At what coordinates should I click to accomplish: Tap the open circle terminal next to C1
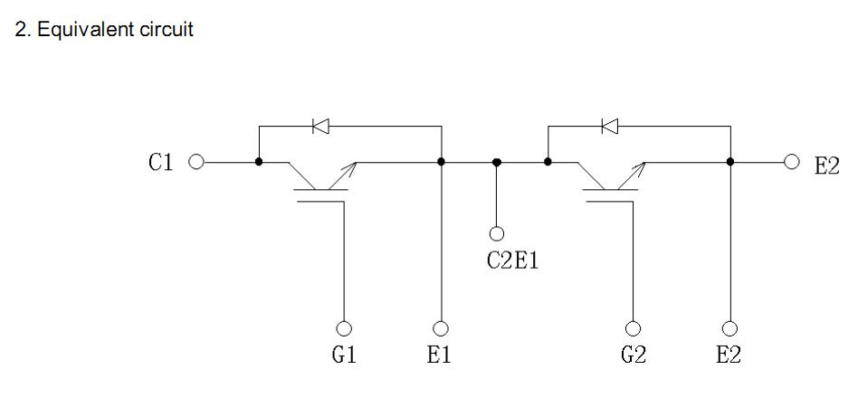[195, 162]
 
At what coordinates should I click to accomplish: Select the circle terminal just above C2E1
[496, 233]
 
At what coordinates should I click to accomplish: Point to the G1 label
[344, 355]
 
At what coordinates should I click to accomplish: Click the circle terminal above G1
[344, 327]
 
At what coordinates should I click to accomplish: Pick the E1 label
[440, 355]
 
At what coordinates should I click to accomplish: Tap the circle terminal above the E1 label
[441, 327]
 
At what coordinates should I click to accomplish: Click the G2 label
[634, 355]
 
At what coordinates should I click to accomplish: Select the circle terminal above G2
[634, 327]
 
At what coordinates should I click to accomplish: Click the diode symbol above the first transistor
[320, 127]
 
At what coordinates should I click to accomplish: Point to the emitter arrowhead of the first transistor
[350, 165]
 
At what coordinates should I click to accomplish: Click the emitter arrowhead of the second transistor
[641, 165]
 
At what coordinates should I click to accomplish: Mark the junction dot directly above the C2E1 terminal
[496, 162]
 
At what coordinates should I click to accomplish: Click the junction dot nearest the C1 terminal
[259, 162]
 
